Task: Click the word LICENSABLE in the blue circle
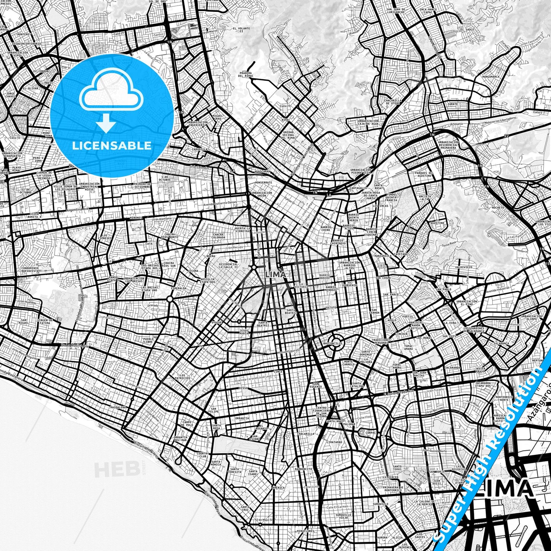tap(112, 146)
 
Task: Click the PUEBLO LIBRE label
tap(148, 341)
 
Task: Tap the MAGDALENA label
tap(118, 407)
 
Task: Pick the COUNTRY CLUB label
tap(203, 455)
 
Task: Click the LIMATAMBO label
tap(334, 442)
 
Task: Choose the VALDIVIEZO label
tap(464, 267)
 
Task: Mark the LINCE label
tap(278, 371)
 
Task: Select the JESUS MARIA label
tap(244, 332)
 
